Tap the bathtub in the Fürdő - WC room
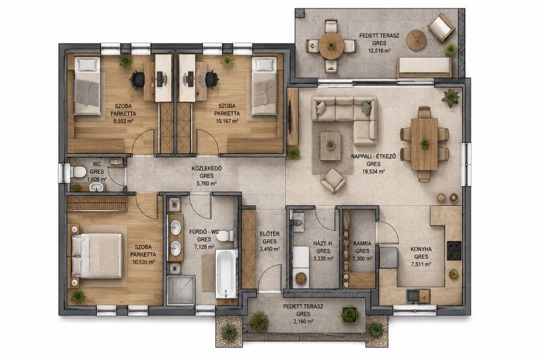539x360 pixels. [x=226, y=274]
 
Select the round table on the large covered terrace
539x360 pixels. [x=331, y=45]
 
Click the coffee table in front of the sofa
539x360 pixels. [x=331, y=146]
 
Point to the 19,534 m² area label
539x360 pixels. [x=373, y=171]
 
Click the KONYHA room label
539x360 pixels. [x=421, y=250]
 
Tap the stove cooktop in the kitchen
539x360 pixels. [x=454, y=250]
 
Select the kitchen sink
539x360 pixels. [x=412, y=296]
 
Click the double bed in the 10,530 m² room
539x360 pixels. [x=97, y=256]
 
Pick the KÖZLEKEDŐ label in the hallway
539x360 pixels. [x=207, y=168]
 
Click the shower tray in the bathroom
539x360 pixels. [x=180, y=289]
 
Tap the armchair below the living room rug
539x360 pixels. [x=333, y=181]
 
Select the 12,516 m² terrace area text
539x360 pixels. [x=379, y=51]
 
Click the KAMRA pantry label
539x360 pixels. [x=362, y=244]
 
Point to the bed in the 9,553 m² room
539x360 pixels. [x=87, y=86]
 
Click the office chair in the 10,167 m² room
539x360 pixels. [x=212, y=79]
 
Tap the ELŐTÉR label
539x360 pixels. [x=269, y=234]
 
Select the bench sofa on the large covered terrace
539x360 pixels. [x=424, y=68]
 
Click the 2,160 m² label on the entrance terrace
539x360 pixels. [x=303, y=322]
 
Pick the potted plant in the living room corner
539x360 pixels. [x=450, y=97]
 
